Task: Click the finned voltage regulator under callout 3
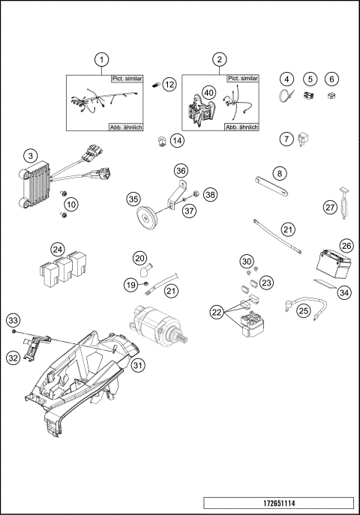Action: point(35,184)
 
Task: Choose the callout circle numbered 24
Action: point(58,249)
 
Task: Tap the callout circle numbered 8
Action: point(280,173)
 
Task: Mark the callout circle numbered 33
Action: point(13,320)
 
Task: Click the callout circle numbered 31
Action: point(137,365)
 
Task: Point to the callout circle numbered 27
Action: point(329,207)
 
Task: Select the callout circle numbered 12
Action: point(169,85)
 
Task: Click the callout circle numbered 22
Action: point(217,311)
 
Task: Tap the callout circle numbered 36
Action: point(181,170)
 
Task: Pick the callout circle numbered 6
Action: point(332,78)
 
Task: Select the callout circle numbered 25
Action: point(304,310)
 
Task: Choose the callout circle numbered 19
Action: point(131,284)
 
